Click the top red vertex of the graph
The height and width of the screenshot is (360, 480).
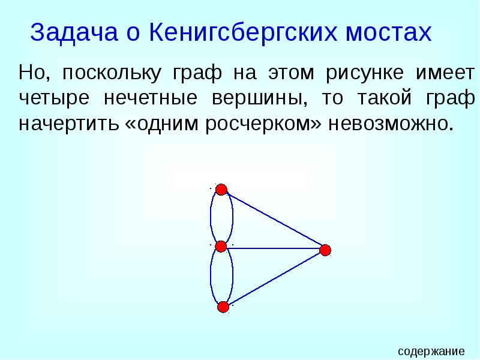pos(221,190)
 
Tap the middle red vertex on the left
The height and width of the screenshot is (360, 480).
pos(221,246)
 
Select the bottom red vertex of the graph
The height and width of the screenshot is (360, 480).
pos(223,308)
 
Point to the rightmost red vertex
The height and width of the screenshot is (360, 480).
pos(325,250)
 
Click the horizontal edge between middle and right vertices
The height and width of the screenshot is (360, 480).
pos(273,247)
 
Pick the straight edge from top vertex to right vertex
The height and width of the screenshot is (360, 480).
pos(273,220)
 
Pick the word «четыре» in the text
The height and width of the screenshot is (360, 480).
pos(52,99)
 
